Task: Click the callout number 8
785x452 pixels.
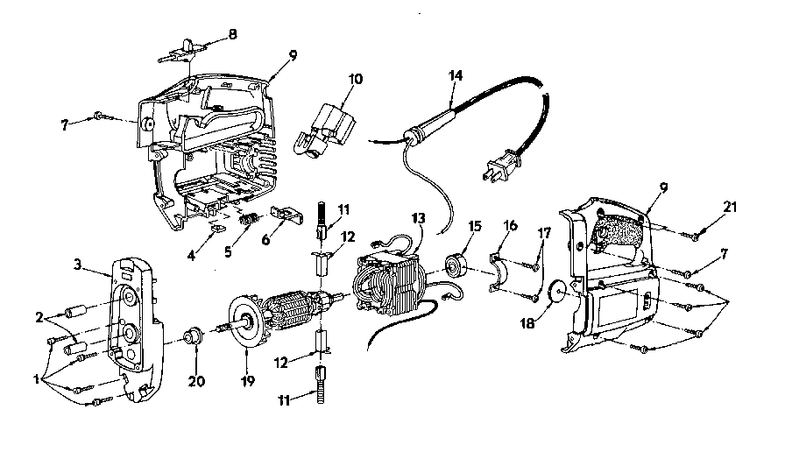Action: (232, 34)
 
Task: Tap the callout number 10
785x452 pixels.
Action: (356, 80)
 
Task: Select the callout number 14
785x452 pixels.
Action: (455, 75)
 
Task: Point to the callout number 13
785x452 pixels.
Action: (418, 218)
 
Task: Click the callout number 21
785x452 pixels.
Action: (730, 206)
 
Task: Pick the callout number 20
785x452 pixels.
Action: (196, 381)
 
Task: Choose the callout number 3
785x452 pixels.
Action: (78, 264)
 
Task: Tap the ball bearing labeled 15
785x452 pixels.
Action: (456, 265)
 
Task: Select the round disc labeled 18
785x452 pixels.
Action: (557, 290)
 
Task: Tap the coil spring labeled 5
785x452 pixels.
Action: (250, 220)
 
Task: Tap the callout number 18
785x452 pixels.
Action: (527, 323)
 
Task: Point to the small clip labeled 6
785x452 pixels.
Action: (285, 213)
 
